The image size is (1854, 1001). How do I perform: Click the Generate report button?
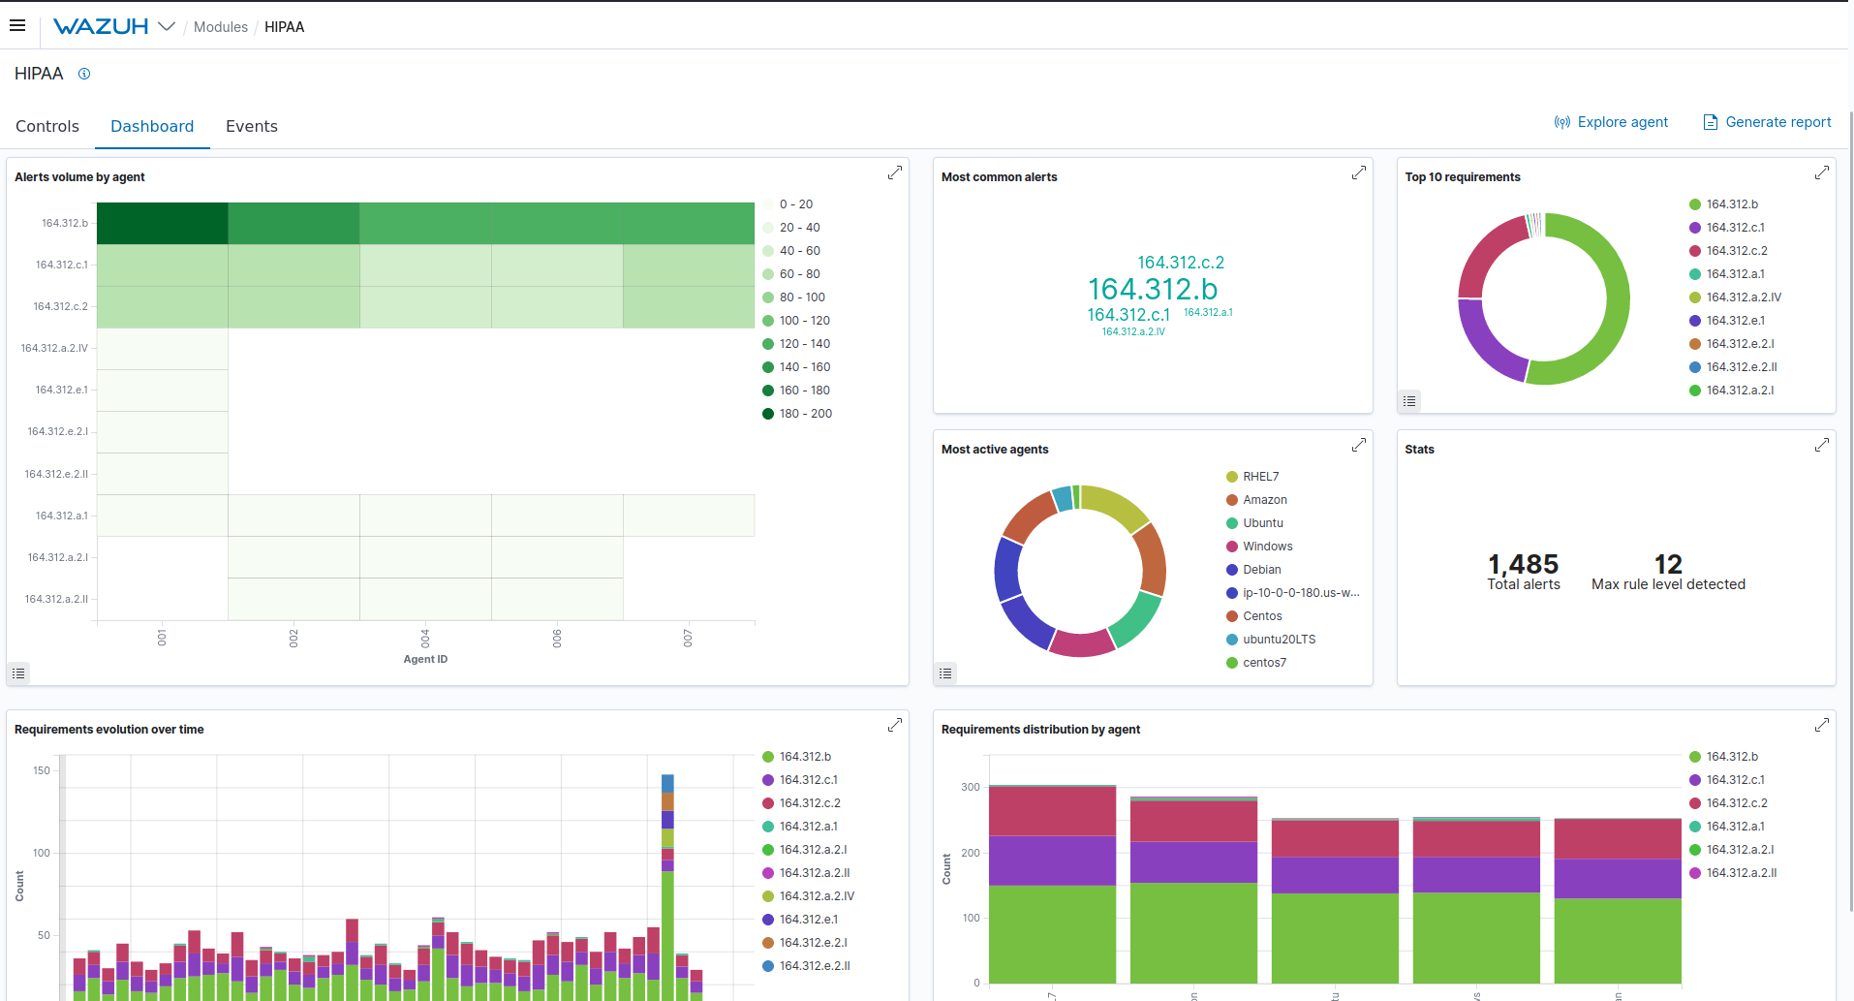tap(1768, 122)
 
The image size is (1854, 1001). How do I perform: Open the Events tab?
tap(251, 126)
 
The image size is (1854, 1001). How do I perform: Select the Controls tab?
tap(47, 126)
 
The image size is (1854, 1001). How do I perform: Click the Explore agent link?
tap(1612, 122)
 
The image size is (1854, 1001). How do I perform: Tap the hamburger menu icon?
tap(17, 26)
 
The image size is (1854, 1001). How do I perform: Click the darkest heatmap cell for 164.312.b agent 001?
tap(162, 223)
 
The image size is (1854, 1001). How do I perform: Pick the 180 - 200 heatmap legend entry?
tap(805, 414)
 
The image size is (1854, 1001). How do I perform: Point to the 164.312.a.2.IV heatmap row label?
tap(54, 348)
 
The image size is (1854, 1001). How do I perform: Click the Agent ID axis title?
tap(425, 659)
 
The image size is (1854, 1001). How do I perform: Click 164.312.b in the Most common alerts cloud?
tap(1153, 289)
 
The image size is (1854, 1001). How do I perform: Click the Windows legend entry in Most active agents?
tap(1267, 547)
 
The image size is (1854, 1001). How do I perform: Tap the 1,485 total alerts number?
tap(1523, 564)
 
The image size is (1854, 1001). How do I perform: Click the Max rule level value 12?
tap(1668, 564)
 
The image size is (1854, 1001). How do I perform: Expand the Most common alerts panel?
tap(1359, 172)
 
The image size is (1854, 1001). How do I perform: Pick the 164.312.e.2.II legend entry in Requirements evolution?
tap(814, 966)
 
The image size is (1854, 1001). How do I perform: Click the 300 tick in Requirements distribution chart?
tap(970, 787)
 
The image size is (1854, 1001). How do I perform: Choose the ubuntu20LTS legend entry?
tap(1279, 640)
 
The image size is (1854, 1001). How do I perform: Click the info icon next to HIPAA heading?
tap(84, 74)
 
